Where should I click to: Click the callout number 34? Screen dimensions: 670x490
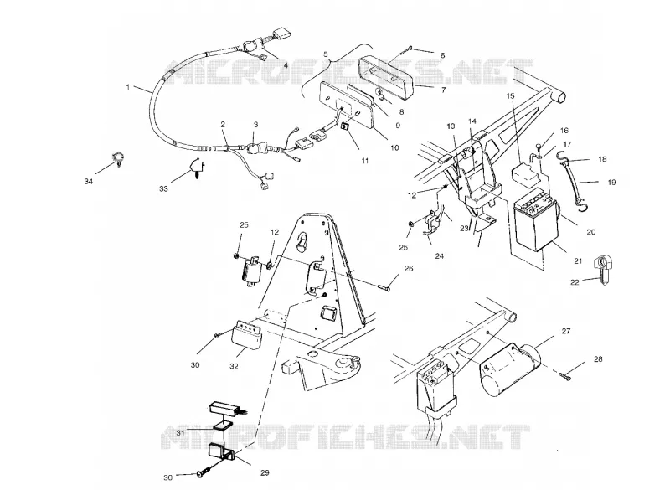pyautogui.click(x=89, y=182)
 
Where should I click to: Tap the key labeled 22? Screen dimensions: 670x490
pyautogui.click(x=602, y=270)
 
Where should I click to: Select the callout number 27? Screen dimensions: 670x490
pyautogui.click(x=566, y=331)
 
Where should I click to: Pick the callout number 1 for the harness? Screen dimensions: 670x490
pyautogui.click(x=128, y=87)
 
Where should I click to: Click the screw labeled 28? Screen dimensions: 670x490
pyautogui.click(x=564, y=376)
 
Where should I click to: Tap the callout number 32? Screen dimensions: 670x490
pyautogui.click(x=234, y=367)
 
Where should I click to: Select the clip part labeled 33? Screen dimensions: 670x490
pyautogui.click(x=197, y=168)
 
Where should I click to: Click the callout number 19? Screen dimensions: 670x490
pyautogui.click(x=611, y=183)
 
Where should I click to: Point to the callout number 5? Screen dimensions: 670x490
pyautogui.click(x=326, y=54)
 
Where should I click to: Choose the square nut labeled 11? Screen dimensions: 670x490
pyautogui.click(x=345, y=126)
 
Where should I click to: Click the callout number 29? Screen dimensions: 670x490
pyautogui.click(x=265, y=472)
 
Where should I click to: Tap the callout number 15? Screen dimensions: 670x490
pyautogui.click(x=511, y=95)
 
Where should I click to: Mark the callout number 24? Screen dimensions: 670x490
pyautogui.click(x=439, y=256)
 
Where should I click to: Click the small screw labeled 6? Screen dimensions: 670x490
pyautogui.click(x=405, y=50)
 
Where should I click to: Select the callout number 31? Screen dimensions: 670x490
pyautogui.click(x=180, y=433)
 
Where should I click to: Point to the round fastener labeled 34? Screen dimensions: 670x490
pyautogui.click(x=116, y=158)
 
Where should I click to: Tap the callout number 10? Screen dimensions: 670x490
pyautogui.click(x=394, y=147)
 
